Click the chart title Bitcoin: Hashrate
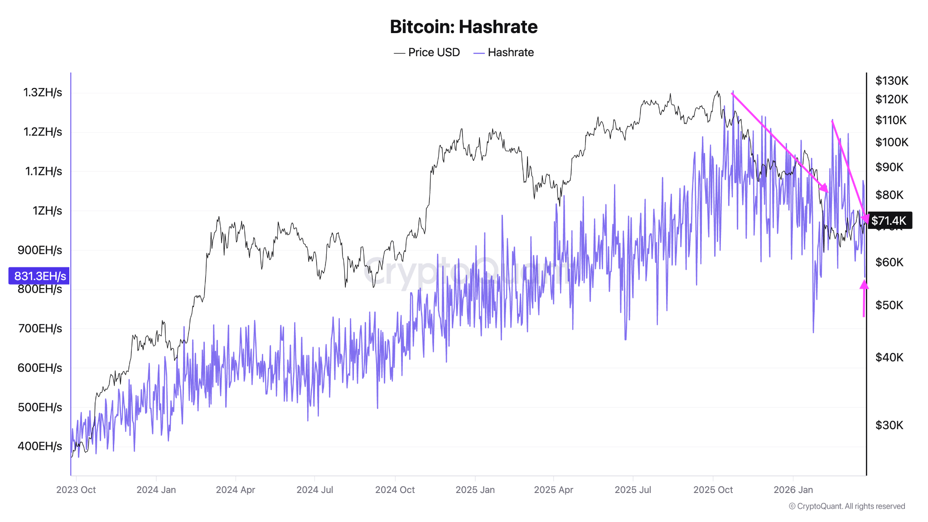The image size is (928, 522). pos(464,27)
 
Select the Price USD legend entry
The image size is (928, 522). pos(427,53)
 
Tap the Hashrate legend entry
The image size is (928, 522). pos(504,53)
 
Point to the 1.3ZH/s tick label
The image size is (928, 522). pos(43,93)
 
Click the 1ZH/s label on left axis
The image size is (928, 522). pos(47,211)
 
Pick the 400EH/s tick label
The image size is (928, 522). pos(40,446)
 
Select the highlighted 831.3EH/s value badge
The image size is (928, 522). pos(39,276)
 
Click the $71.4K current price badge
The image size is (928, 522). pos(889,221)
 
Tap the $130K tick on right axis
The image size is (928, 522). pos(891,81)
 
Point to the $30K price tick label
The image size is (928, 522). pos(889,425)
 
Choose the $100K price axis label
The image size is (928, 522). pos(891,142)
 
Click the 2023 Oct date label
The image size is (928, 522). pos(76,490)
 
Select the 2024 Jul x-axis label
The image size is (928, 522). pos(314,490)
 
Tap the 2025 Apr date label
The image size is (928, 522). pos(553,490)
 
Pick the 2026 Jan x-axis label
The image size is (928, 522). pos(793,490)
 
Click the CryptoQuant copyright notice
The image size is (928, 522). pos(847,507)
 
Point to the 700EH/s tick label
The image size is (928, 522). pos(40,329)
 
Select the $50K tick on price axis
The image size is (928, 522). pos(889,305)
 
